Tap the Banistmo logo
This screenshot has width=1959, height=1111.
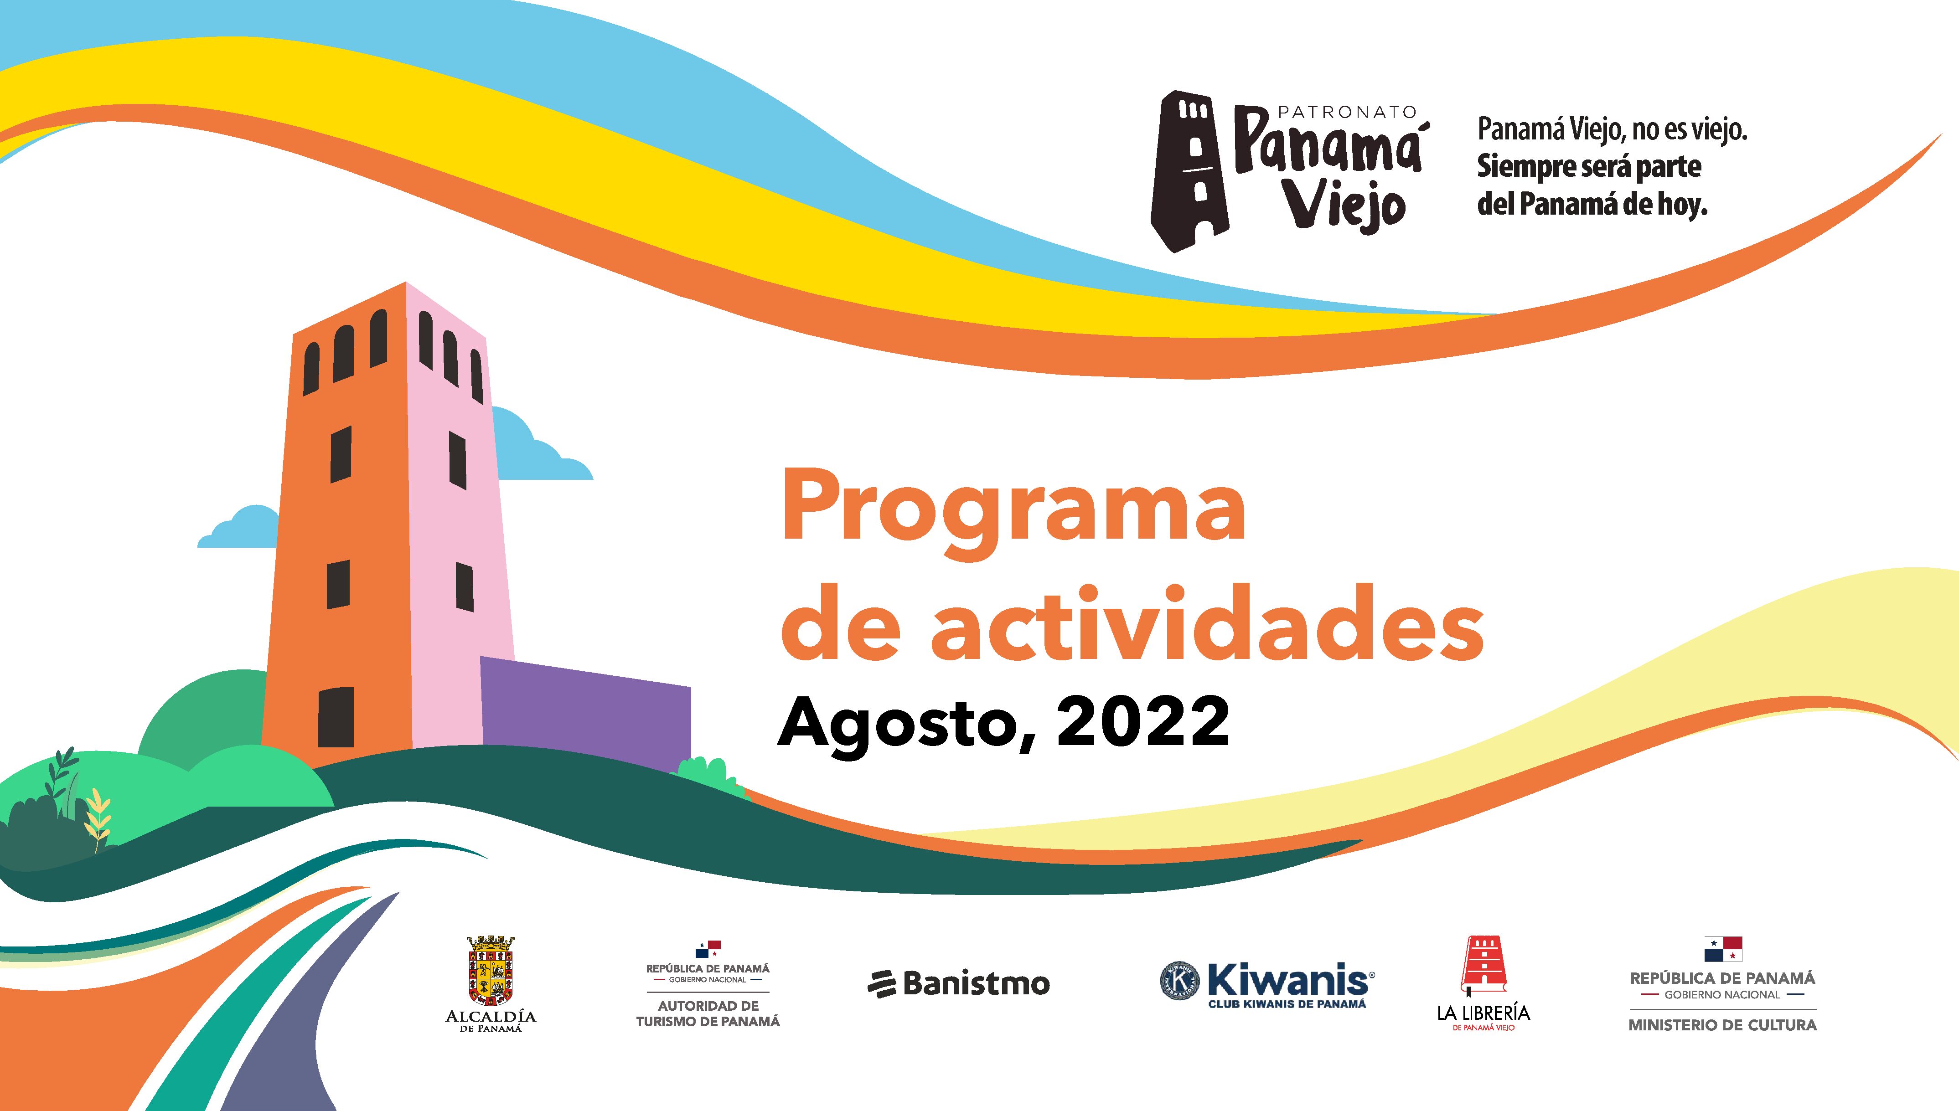click(958, 983)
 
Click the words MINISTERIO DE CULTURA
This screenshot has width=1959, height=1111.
click(1722, 1025)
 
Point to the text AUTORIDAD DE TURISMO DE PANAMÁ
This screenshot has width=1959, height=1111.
click(708, 1013)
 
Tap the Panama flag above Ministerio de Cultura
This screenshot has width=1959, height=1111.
click(1723, 949)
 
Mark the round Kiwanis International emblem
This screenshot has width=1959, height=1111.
click(1180, 980)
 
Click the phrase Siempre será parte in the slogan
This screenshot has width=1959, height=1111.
click(1589, 166)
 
